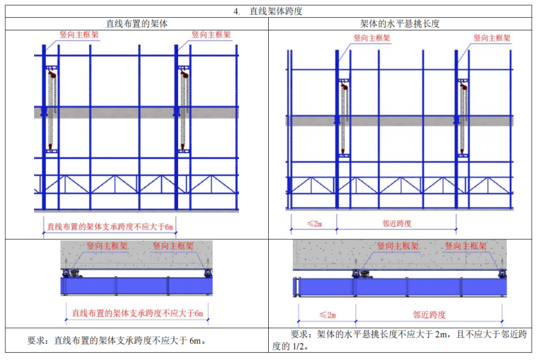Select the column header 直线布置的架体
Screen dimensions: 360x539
(137, 23)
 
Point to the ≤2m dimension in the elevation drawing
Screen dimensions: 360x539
(313, 223)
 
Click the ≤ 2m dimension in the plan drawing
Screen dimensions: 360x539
(327, 314)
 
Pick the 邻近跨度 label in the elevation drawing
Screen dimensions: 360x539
(396, 223)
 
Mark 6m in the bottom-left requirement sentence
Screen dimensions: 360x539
(196, 340)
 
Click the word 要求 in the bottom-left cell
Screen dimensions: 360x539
(38, 340)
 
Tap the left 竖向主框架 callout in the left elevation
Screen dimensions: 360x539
(79, 33)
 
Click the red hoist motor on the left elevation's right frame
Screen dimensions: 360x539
(184, 73)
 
